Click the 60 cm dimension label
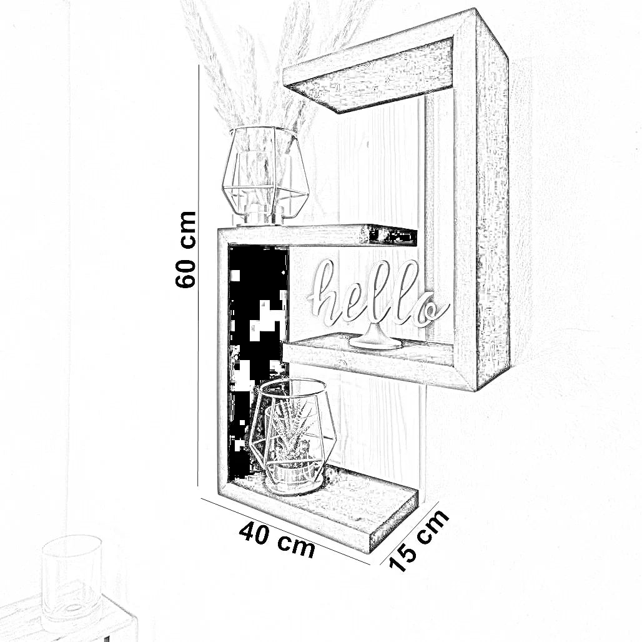(186, 249)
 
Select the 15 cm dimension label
(419, 540)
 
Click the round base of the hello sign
(375, 341)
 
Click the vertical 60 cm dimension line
(199, 275)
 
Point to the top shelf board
(368, 78)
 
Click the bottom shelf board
(350, 506)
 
